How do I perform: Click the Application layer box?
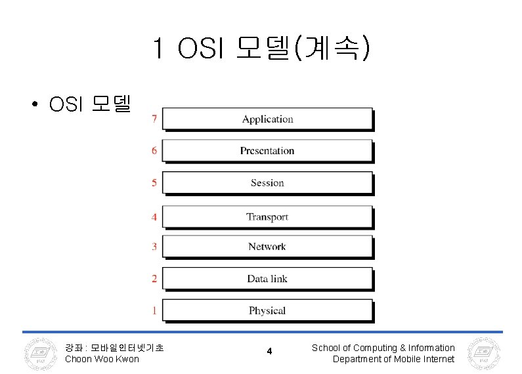click(x=267, y=119)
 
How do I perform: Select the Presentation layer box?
click(x=267, y=150)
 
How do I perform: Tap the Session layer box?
click(x=267, y=182)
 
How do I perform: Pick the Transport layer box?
click(x=267, y=217)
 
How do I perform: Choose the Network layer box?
click(x=267, y=247)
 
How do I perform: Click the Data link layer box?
click(x=267, y=278)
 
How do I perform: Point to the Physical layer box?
click(x=267, y=310)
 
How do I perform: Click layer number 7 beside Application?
click(x=154, y=119)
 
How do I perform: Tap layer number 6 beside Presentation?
click(x=154, y=150)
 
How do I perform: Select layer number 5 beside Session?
click(x=154, y=182)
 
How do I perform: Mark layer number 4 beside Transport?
click(x=154, y=217)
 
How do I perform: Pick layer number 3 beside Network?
click(x=154, y=247)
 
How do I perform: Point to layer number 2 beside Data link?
click(x=154, y=278)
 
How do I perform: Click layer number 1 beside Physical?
click(x=154, y=310)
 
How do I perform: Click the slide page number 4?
click(x=269, y=352)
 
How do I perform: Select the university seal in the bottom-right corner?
click(x=483, y=354)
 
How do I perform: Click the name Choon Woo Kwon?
click(x=102, y=359)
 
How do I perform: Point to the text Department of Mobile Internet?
click(x=393, y=359)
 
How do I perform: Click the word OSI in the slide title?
click(x=201, y=48)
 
